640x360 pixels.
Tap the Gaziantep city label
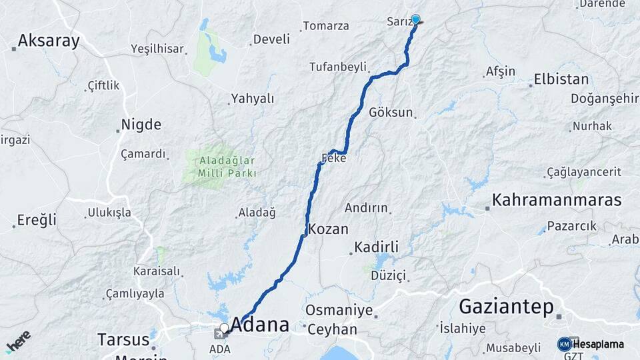507,307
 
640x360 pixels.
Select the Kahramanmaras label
557,199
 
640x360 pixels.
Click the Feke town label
333,159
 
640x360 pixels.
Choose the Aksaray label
49,41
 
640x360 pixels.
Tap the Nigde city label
141,124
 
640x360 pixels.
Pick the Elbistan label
561,79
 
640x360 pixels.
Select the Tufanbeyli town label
338,67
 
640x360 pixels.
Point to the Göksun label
391,112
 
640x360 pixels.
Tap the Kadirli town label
377,247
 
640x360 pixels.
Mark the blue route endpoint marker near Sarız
416,19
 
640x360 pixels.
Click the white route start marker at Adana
225,327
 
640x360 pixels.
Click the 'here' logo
18,343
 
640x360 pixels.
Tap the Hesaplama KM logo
591,344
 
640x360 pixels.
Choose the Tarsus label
123,339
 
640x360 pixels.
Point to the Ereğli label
37,220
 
